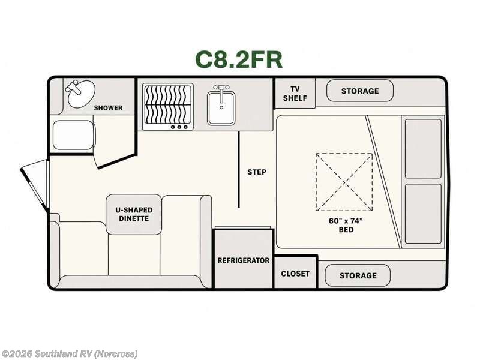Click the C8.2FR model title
(x=239, y=59)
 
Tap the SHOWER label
(x=108, y=108)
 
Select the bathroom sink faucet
(x=73, y=87)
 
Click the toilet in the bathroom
(x=73, y=134)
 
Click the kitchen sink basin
(x=221, y=108)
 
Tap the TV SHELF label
(x=295, y=94)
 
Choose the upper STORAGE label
(x=360, y=91)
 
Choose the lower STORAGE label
(x=358, y=275)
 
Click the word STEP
(x=257, y=172)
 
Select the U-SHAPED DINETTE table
(x=134, y=214)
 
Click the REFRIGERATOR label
(x=244, y=260)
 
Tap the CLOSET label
(x=295, y=274)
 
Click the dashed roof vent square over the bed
(x=344, y=182)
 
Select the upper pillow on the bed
(x=423, y=148)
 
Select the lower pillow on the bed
(x=423, y=214)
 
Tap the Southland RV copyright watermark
(x=69, y=354)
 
